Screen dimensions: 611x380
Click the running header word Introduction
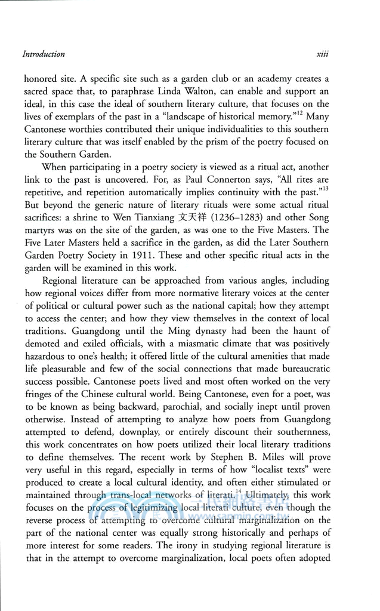[x=44, y=54]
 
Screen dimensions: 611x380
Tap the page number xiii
[x=323, y=54]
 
